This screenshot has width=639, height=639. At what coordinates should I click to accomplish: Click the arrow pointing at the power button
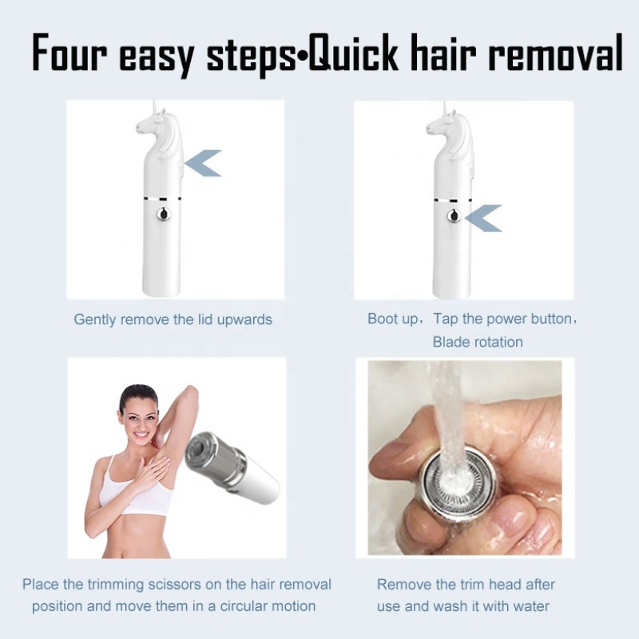484,217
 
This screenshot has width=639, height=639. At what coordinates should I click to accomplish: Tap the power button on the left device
164,214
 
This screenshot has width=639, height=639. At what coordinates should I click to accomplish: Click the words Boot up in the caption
392,319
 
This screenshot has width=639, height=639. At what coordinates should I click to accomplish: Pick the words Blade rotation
478,342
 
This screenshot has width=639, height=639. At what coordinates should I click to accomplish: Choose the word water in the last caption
525,606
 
